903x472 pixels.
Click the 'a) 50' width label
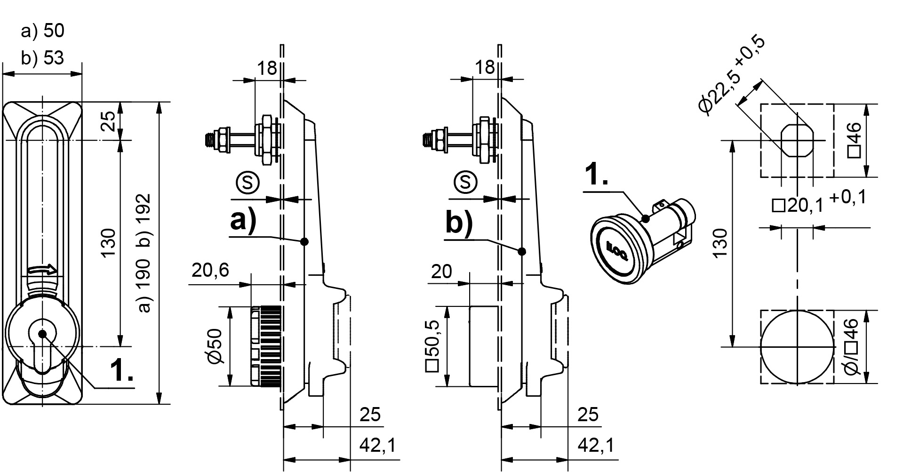point(43,31)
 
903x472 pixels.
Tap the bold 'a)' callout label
point(243,220)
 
